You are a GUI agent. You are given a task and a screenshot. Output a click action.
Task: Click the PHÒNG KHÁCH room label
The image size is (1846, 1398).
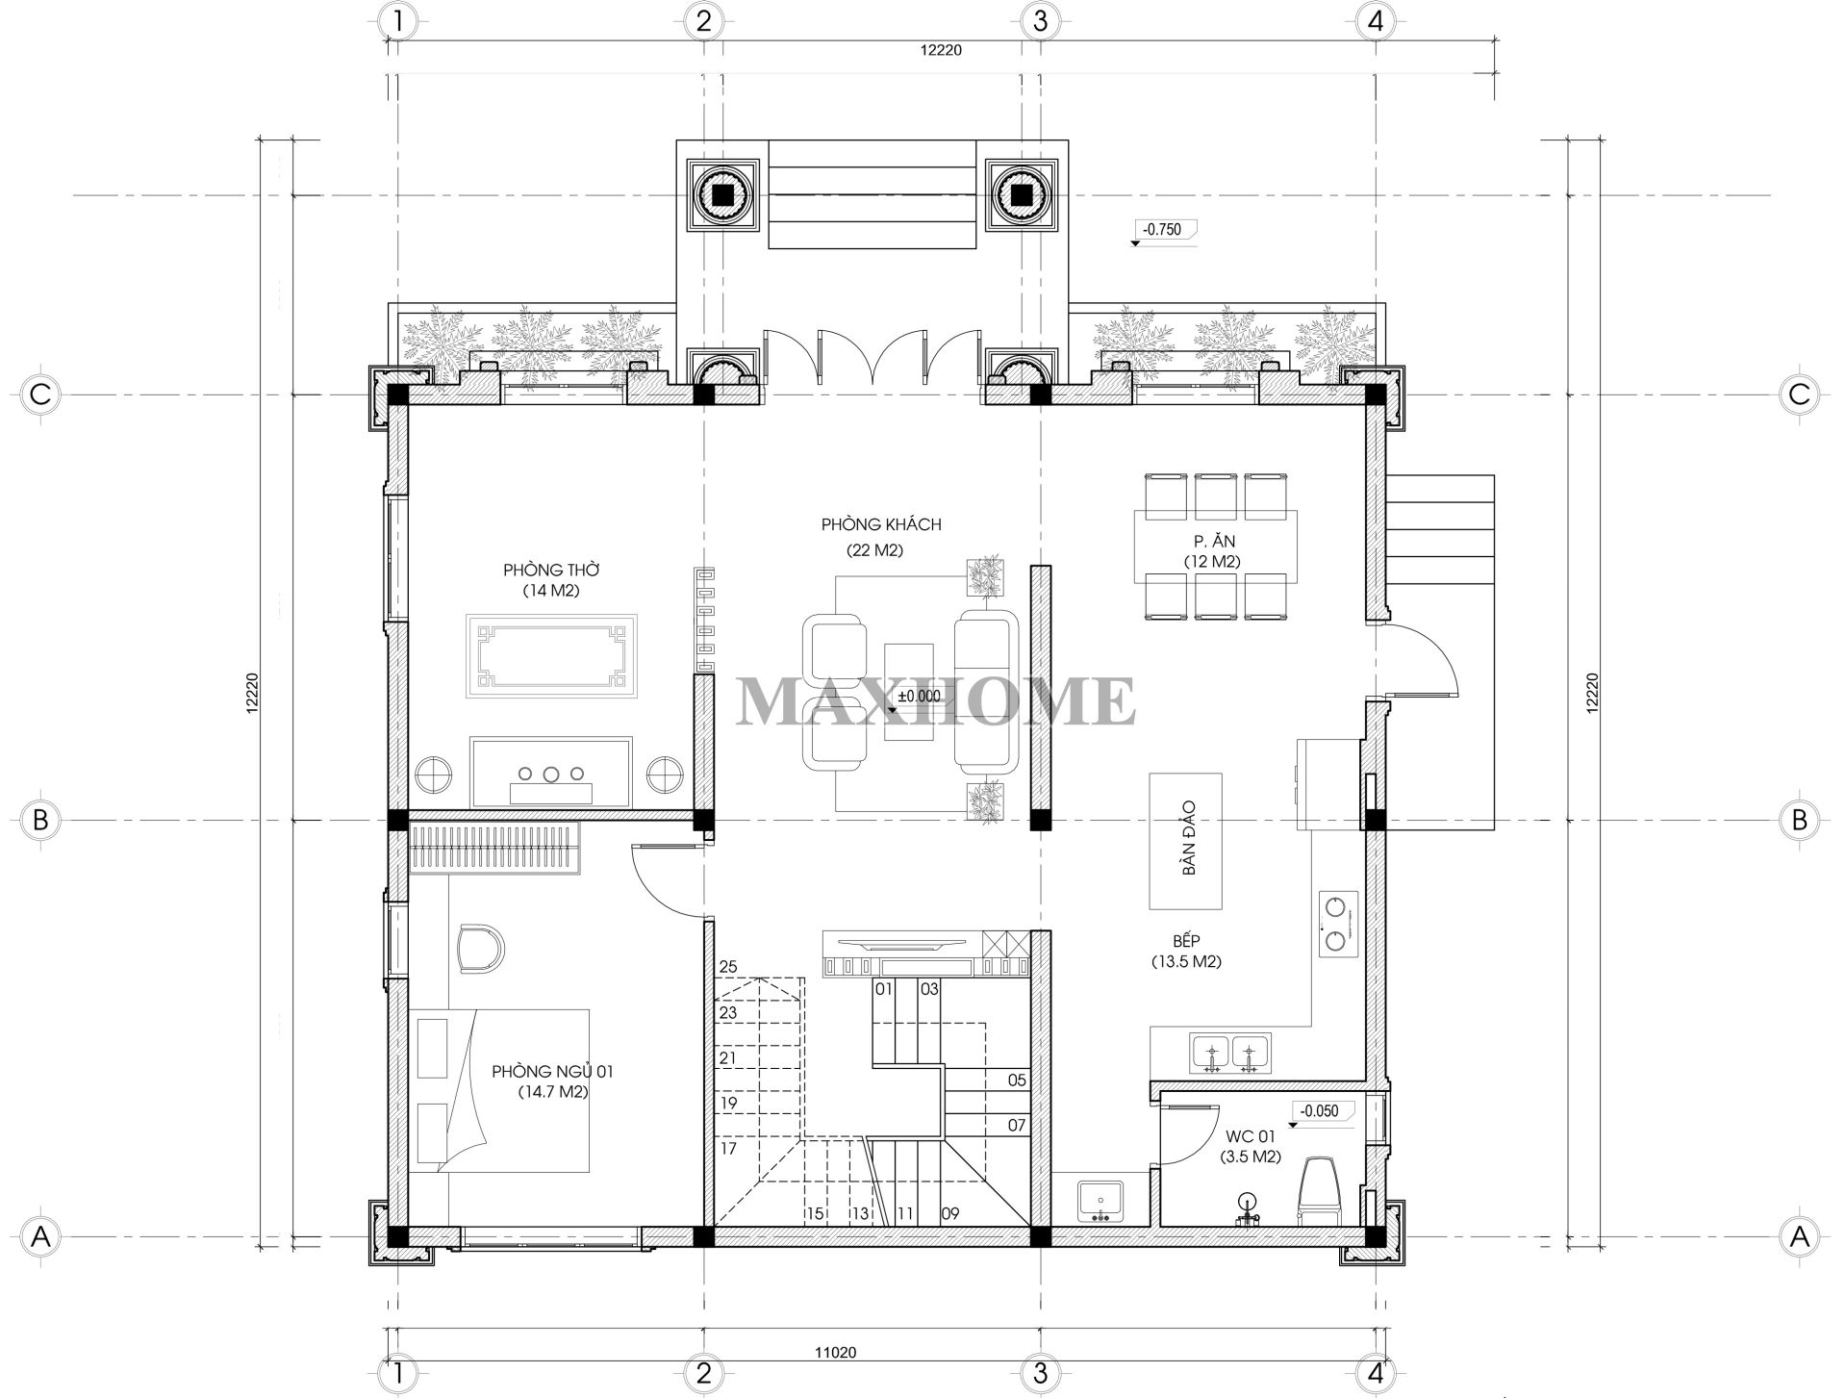pos(881,525)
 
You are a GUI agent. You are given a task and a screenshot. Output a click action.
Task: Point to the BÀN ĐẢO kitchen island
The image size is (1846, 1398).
pos(1186,841)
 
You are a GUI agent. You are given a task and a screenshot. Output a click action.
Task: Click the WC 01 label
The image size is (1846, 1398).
pos(1252,1136)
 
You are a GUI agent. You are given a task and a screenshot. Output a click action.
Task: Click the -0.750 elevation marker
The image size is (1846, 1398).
pos(1163,230)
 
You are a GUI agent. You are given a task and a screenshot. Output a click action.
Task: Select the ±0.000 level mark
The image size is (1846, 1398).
pos(918,697)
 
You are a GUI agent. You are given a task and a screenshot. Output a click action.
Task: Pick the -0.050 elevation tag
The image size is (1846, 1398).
pos(1319,1110)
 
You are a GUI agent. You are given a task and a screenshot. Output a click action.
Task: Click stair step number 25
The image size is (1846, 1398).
pos(727,967)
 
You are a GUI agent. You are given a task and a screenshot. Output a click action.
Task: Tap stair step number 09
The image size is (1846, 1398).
pos(950,1214)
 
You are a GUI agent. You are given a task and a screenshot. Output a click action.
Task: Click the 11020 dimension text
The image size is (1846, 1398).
pos(835,1352)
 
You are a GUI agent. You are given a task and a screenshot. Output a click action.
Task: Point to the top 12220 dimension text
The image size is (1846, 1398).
pos(941,51)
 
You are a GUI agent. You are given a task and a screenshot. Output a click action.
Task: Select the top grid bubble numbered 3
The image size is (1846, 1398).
pos(1039,21)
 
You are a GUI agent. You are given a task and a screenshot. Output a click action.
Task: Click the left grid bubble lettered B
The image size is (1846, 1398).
pos(40,820)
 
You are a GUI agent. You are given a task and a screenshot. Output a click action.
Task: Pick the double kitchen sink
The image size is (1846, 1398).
pos(1230,1053)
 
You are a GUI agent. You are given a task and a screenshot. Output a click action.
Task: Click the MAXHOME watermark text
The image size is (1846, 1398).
pos(936,700)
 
